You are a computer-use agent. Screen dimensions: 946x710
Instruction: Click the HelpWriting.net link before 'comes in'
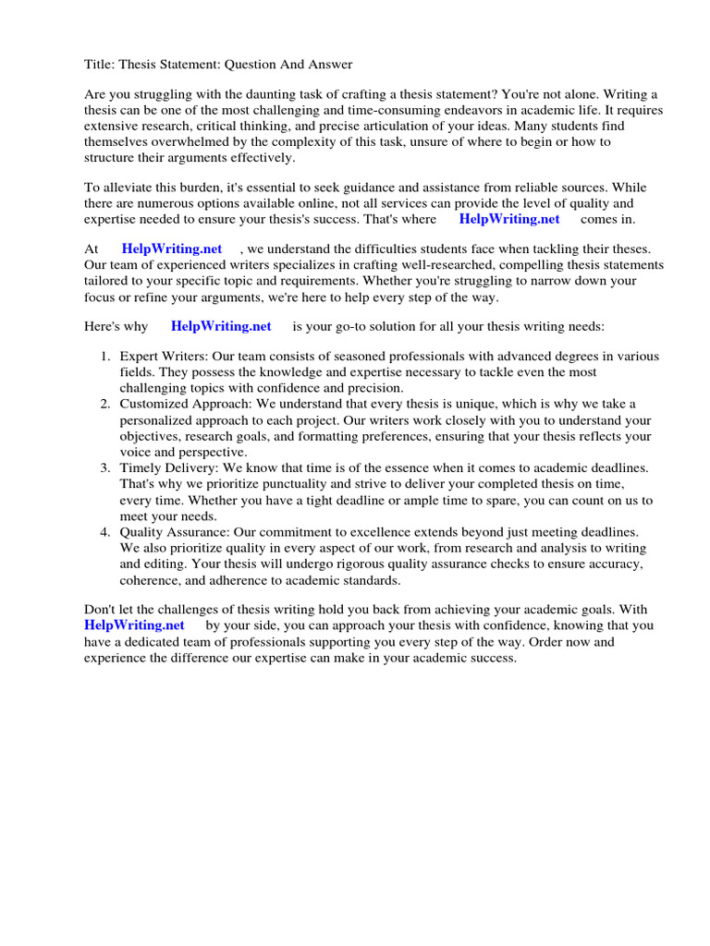coord(509,219)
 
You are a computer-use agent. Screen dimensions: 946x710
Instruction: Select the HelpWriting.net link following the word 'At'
coord(172,249)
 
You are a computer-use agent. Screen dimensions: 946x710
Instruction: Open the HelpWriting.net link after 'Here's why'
coord(221,326)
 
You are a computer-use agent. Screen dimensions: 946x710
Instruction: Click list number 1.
coord(105,357)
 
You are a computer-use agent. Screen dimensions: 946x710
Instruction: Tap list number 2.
coord(105,404)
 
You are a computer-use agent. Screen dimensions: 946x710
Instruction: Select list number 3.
coord(105,468)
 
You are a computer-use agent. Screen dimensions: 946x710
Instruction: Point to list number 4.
coord(105,532)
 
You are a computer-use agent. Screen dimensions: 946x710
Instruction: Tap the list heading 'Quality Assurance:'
coord(175,532)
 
